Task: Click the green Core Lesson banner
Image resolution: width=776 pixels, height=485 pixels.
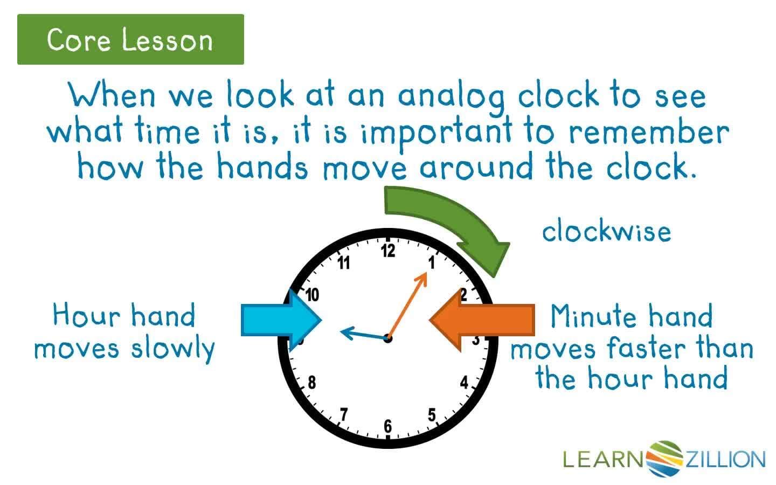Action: [130, 39]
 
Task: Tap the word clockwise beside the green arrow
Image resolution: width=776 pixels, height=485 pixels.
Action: [606, 232]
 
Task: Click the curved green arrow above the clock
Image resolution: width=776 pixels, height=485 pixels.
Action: [447, 221]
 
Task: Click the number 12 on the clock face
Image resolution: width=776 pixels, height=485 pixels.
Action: [388, 251]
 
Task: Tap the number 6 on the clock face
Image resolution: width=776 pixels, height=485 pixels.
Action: [388, 426]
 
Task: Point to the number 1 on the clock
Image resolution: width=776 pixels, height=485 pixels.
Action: [432, 262]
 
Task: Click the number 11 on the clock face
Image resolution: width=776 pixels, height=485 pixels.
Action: [344, 263]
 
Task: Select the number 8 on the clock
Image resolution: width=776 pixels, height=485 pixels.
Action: [311, 383]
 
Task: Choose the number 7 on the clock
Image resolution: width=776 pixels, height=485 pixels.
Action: [344, 414]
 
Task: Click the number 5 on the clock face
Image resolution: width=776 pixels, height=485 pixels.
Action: [432, 415]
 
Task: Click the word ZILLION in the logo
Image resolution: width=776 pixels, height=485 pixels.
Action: [725, 460]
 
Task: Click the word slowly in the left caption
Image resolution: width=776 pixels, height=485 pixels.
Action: [172, 348]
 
